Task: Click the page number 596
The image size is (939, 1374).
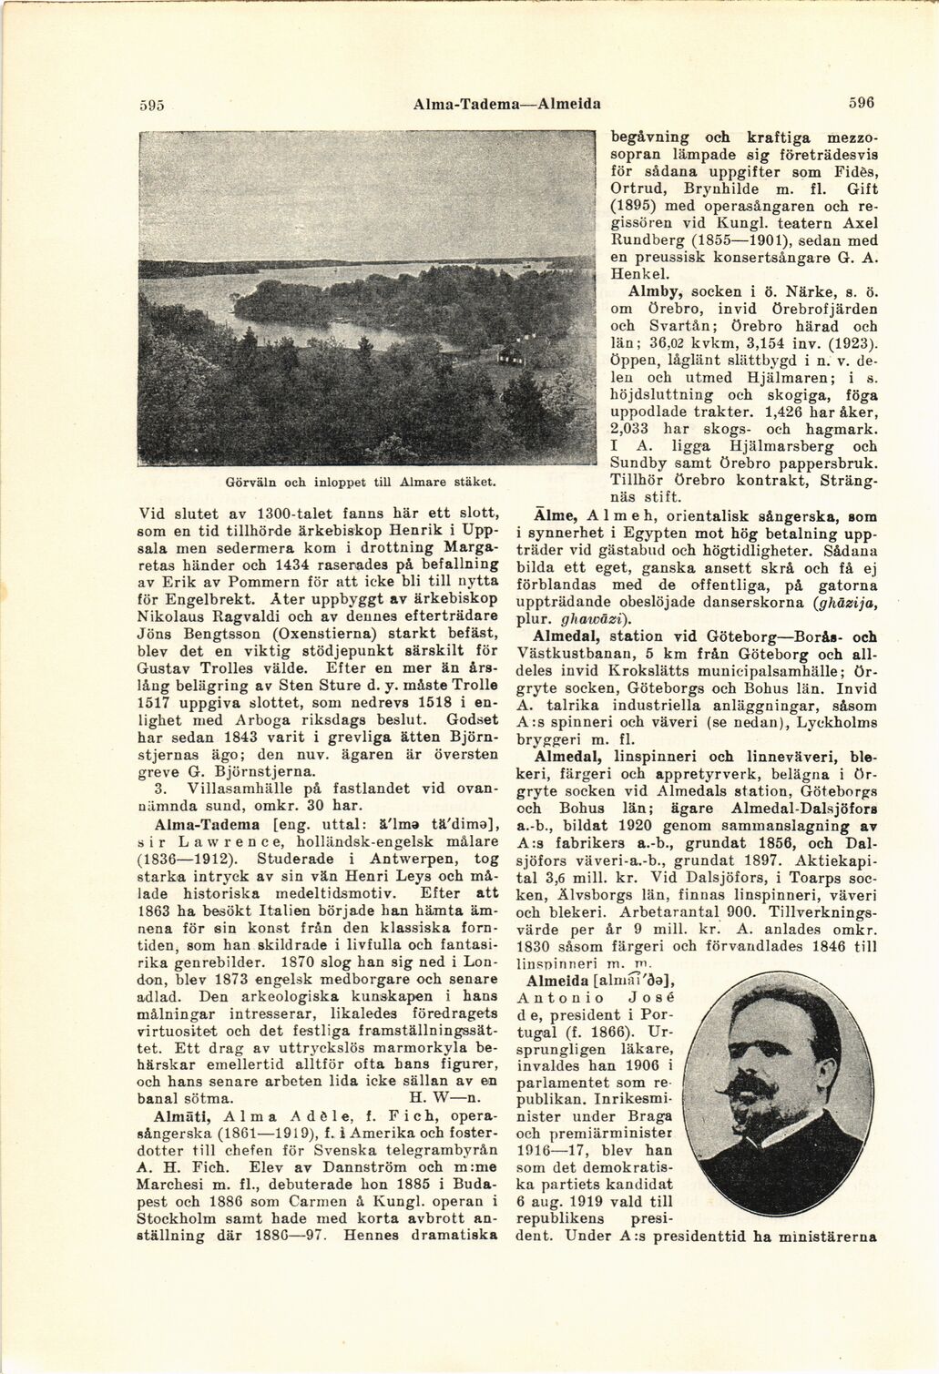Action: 861,103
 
